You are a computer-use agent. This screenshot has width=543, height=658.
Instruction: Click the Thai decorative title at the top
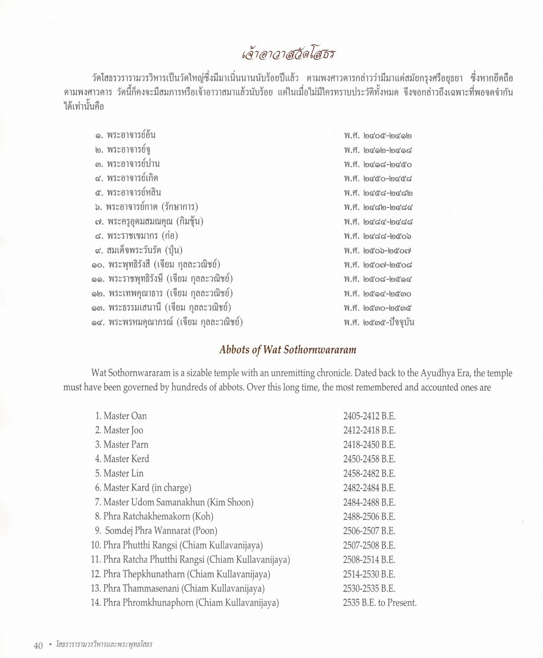pyautogui.click(x=288, y=55)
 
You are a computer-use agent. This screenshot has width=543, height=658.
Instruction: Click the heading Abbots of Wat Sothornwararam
pyautogui.click(x=288, y=350)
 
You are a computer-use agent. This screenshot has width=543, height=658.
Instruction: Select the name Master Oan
pyautogui.click(x=125, y=416)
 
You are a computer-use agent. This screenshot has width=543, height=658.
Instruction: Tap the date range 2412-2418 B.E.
pyautogui.click(x=369, y=430)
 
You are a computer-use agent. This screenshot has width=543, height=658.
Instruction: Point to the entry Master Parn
pyautogui.click(x=126, y=445)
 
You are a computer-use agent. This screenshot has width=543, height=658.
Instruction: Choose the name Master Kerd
pyautogui.click(x=126, y=459)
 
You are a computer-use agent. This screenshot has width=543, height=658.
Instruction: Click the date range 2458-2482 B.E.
pyautogui.click(x=369, y=473)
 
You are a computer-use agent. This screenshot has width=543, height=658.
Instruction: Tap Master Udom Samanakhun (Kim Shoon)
pyautogui.click(x=178, y=502)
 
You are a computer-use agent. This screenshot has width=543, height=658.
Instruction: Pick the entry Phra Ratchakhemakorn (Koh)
pyautogui.click(x=158, y=516)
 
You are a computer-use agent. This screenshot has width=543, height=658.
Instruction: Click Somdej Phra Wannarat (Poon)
pyautogui.click(x=161, y=531)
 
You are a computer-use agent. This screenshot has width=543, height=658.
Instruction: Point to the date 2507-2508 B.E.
pyautogui.click(x=369, y=545)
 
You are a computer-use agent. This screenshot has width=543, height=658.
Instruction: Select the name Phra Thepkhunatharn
pyautogui.click(x=144, y=574)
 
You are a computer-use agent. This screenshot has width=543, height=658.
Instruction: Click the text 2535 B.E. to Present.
pyautogui.click(x=380, y=602)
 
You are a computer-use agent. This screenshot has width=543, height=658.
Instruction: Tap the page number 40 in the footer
pyautogui.click(x=38, y=645)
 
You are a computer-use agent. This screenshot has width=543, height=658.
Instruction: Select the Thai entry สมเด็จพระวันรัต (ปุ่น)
pyautogui.click(x=145, y=250)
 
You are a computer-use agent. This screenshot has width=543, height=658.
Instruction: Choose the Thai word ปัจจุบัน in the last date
pyautogui.click(x=400, y=322)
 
